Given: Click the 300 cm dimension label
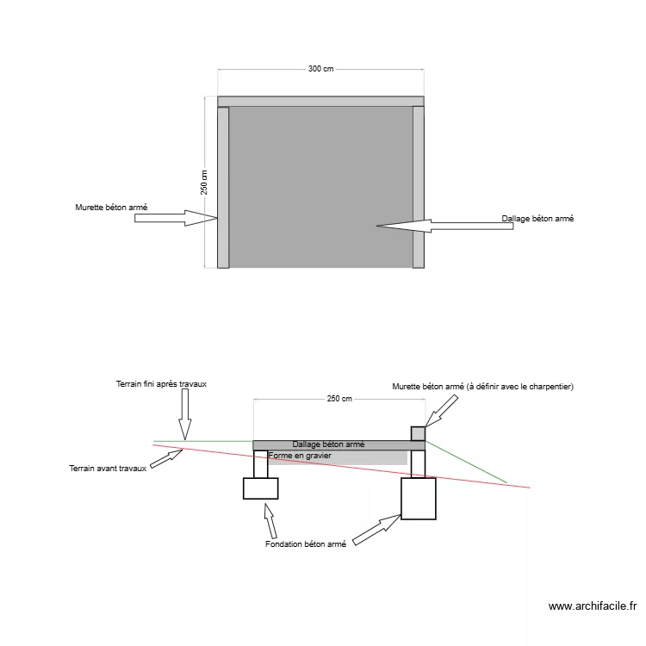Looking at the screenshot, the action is [x=320, y=69].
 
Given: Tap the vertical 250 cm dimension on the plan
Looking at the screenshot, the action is [x=204, y=182].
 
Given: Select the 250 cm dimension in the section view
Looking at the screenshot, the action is [x=339, y=399].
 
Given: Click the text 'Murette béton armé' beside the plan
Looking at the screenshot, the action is [x=111, y=208].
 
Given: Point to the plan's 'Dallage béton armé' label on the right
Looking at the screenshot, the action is [x=537, y=219].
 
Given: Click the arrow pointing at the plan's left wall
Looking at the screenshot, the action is [x=176, y=218].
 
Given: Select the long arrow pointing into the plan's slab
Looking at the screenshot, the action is [x=445, y=226].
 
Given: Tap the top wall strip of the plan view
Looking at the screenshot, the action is [x=320, y=102].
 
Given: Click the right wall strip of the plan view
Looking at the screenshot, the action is [x=418, y=187].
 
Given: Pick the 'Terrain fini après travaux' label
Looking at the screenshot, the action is [x=161, y=384].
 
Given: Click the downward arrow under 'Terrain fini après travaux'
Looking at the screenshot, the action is [x=185, y=414].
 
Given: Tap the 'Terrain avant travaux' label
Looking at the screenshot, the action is [x=108, y=469].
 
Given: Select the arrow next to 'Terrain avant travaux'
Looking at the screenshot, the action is [x=166, y=459].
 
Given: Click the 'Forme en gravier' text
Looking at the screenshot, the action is [x=300, y=456].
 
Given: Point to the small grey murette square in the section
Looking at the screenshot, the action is [x=418, y=433].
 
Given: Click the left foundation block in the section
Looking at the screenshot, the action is [x=260, y=488].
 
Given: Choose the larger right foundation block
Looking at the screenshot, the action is [x=418, y=499].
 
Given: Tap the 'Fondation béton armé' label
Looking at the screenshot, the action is [x=306, y=544].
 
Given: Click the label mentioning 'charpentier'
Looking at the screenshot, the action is [x=482, y=387].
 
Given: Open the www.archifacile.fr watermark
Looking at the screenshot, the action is [x=593, y=606].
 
